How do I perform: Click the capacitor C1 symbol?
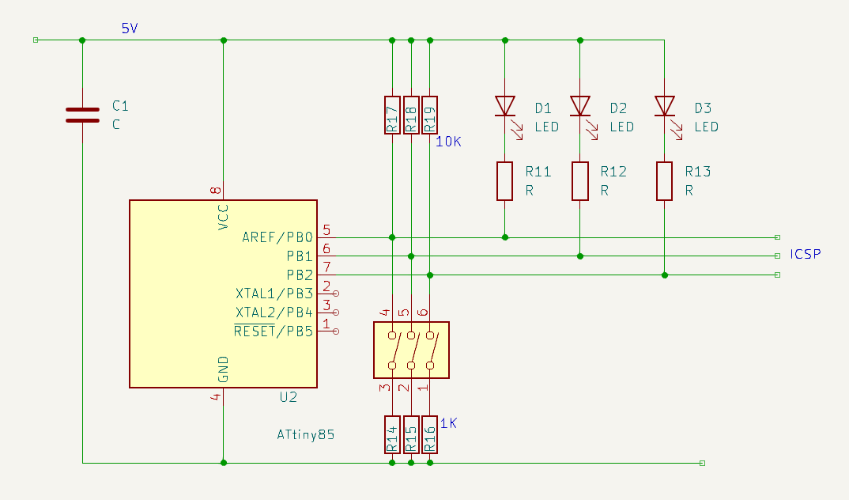(82, 116)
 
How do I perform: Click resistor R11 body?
(504, 181)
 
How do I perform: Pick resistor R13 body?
(664, 181)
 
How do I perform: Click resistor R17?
(392, 116)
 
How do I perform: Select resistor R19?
(429, 116)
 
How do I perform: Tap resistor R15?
(411, 434)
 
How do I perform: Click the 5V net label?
(130, 28)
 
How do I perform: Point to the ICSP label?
(806, 254)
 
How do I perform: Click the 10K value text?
(448, 142)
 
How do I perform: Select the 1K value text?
(448, 423)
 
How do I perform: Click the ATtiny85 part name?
(305, 434)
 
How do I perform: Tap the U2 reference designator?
(288, 397)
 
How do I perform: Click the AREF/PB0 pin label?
(277, 237)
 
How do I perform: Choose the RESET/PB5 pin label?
(274, 331)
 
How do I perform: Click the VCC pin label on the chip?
(223, 218)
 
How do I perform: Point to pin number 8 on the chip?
(216, 190)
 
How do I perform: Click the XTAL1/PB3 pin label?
(274, 294)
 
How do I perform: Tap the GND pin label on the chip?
(223, 369)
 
